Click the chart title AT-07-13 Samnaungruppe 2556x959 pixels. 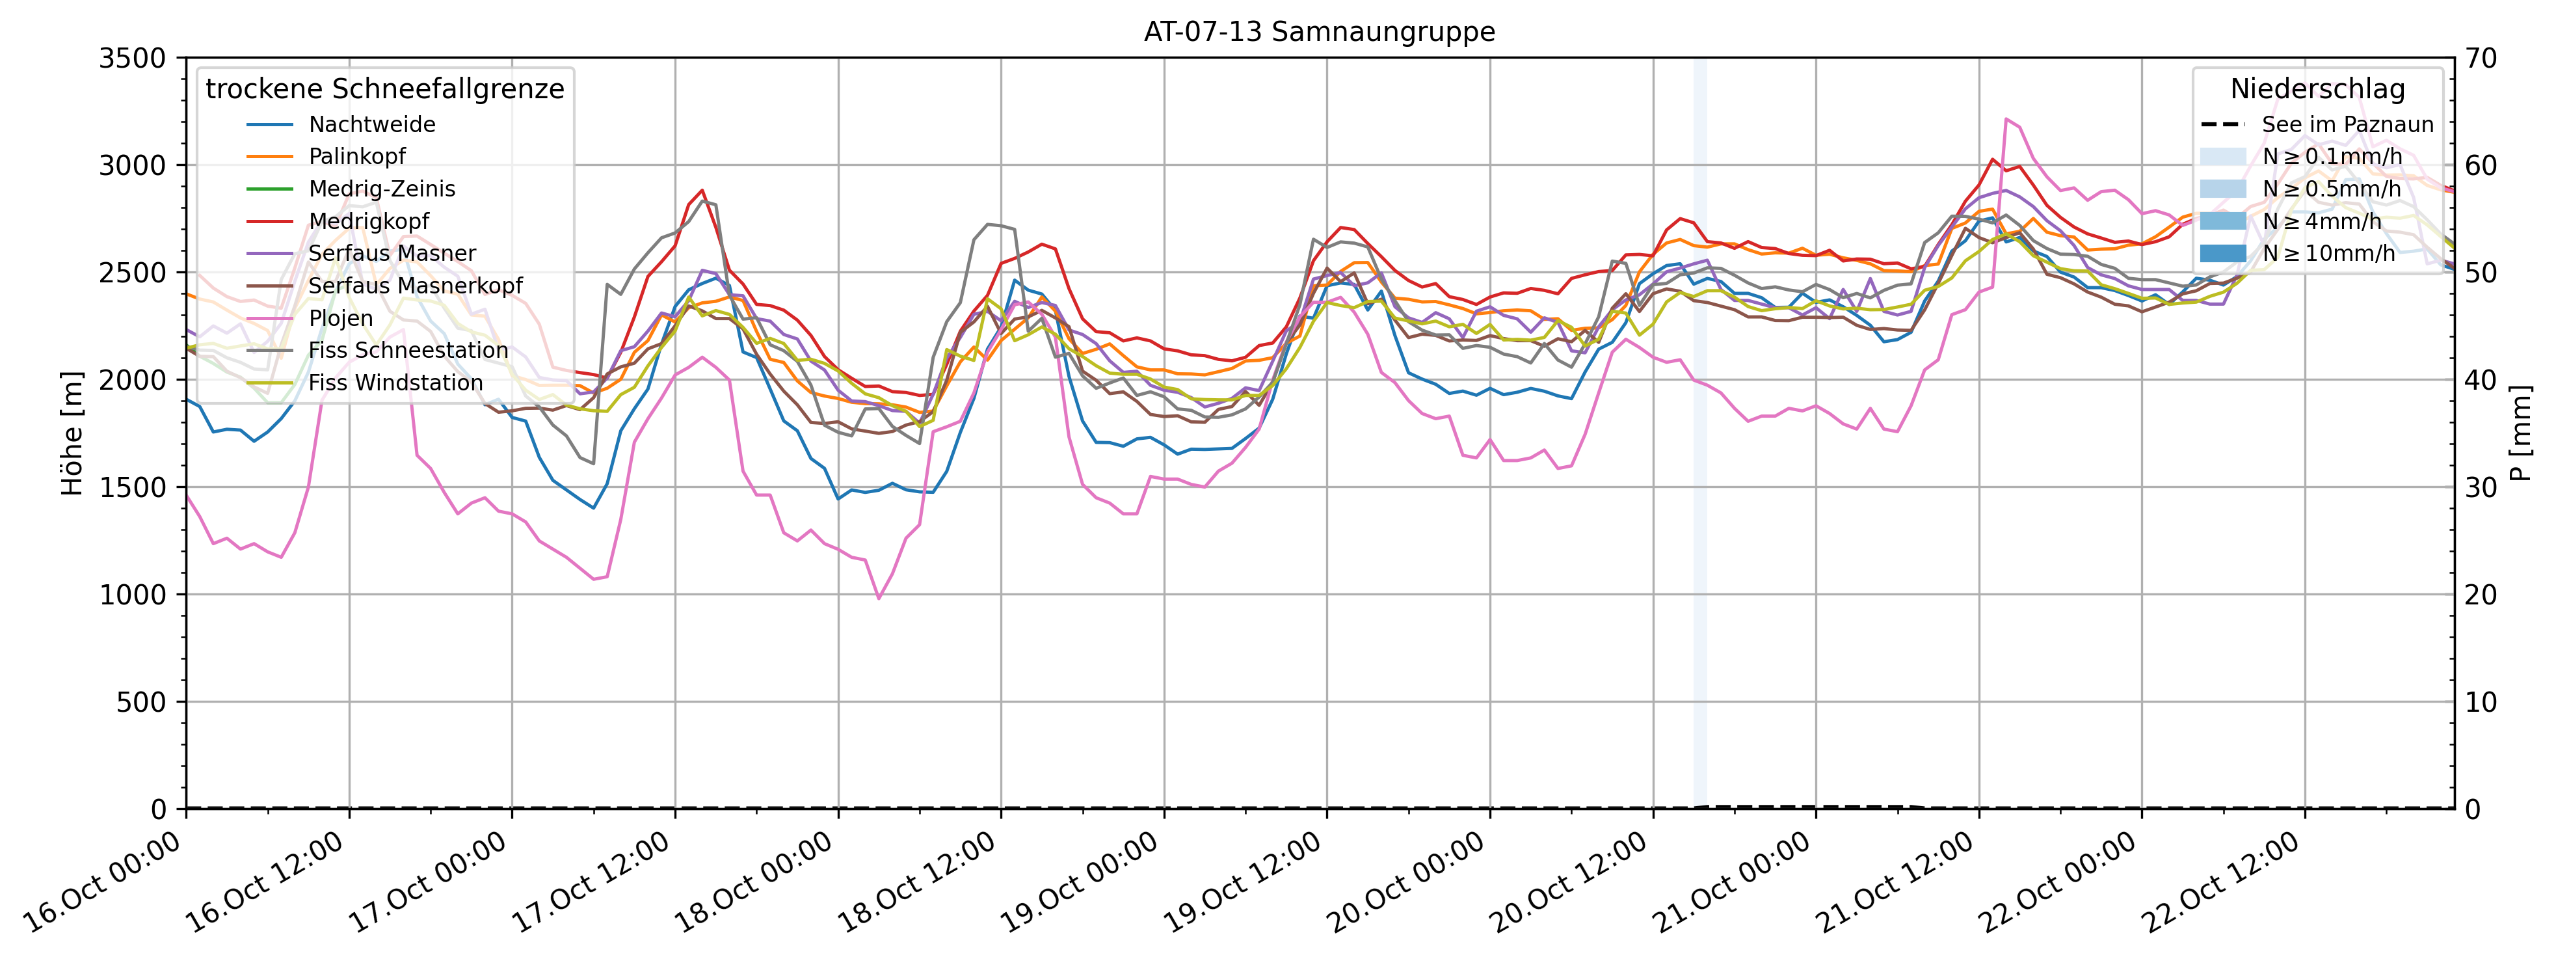click(1319, 32)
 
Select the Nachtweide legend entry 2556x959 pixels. click(371, 124)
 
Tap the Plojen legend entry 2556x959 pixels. click(340, 317)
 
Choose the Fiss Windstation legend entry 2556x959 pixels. click(395, 382)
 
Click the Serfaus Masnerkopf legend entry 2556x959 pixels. click(415, 285)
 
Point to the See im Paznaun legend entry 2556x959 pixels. click(2347, 124)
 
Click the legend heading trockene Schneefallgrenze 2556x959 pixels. click(385, 89)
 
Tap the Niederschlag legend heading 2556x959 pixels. click(2317, 89)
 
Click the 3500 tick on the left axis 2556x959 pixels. click(132, 58)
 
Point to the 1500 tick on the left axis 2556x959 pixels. click(132, 487)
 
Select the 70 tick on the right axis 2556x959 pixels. click(2481, 58)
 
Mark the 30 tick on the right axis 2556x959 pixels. click(2481, 487)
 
